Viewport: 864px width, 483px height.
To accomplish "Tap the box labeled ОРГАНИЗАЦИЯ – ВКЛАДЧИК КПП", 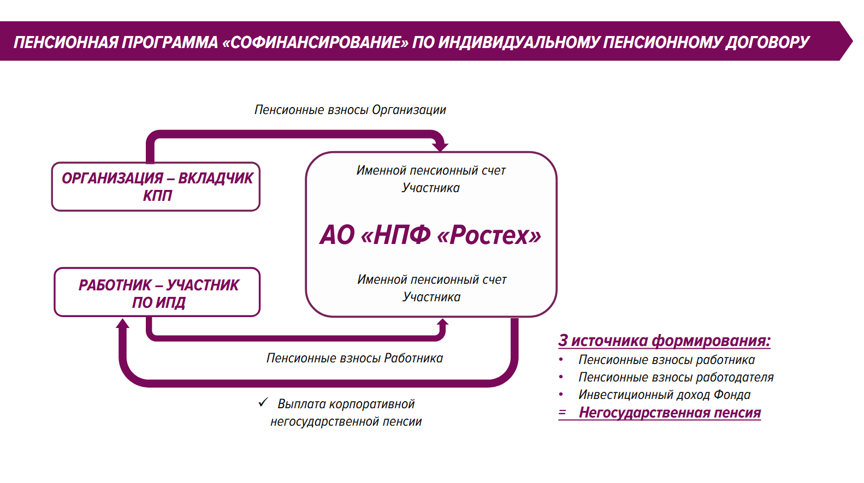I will [156, 187].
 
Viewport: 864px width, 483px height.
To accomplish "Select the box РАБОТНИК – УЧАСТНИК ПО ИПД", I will [157, 293].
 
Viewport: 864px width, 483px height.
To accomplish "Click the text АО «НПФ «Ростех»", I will [430, 235].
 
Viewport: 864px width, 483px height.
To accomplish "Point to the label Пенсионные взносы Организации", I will [350, 110].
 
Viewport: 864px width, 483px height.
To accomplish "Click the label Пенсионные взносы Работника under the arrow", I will [354, 359].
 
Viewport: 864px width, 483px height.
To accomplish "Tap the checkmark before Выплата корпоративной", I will [263, 403].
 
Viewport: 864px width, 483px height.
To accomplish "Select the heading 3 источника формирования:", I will [664, 341].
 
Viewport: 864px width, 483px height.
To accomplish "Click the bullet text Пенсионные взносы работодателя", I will [676, 378].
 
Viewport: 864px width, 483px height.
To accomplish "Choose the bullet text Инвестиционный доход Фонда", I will [664, 395].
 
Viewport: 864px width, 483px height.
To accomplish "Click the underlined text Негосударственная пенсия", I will [670, 413].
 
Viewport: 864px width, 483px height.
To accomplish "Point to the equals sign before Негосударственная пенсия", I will [562, 413].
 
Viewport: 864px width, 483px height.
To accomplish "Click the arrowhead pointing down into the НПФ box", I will [440, 146].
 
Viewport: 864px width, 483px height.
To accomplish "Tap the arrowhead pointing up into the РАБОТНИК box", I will [123, 324].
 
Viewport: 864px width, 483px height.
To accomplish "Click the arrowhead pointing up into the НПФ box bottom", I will [442, 324].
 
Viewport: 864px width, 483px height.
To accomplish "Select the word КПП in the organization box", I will [157, 196].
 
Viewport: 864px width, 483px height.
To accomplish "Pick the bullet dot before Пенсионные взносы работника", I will [561, 360].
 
